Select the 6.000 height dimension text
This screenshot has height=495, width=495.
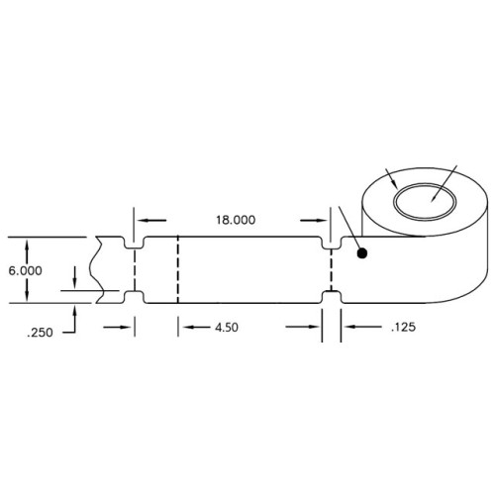(25, 270)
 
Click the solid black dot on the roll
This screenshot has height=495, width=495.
(363, 253)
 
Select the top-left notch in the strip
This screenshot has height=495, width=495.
(135, 242)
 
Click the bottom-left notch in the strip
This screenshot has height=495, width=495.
(135, 296)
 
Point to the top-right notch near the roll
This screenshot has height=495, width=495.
(333, 242)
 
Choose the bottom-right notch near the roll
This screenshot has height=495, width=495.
(333, 296)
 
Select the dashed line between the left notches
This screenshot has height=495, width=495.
(135, 269)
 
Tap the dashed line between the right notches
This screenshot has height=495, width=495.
(333, 269)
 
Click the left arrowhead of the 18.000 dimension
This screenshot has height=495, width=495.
(140, 221)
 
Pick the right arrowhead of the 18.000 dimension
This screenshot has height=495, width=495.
(328, 221)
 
